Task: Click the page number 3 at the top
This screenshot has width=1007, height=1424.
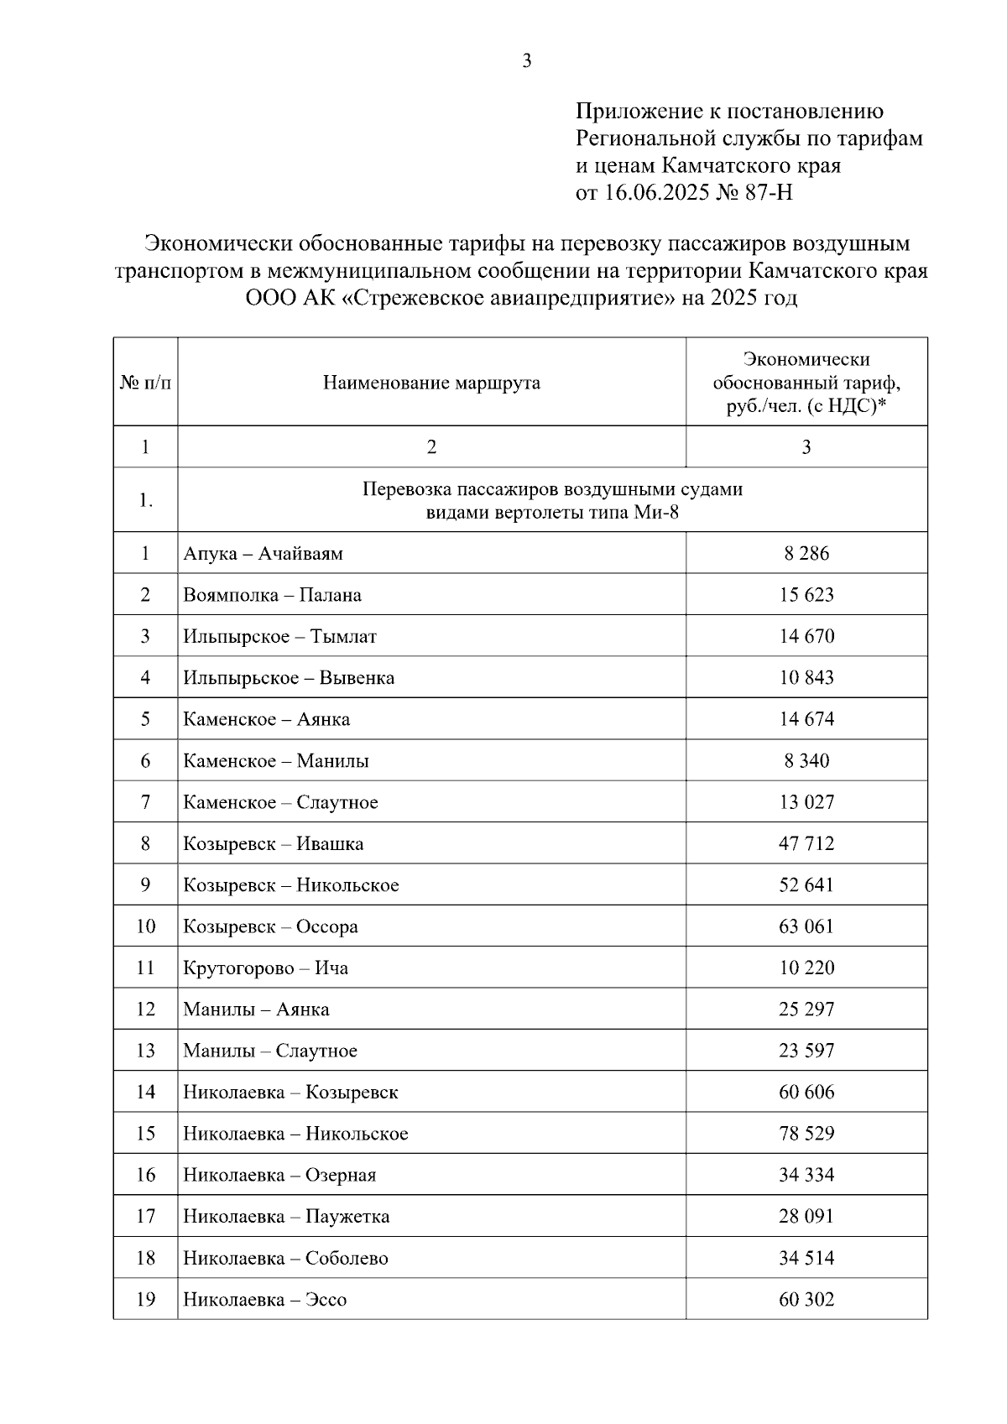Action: pyautogui.click(x=526, y=61)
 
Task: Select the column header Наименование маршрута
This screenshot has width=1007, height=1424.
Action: pyautogui.click(x=431, y=383)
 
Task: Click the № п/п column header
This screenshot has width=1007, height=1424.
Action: pyautogui.click(x=145, y=383)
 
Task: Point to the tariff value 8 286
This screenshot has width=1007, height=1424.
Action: pyautogui.click(x=806, y=554)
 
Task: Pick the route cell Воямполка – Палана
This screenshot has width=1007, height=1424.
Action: pyautogui.click(x=273, y=596)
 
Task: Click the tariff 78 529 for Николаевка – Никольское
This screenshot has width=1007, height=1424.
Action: pyautogui.click(x=806, y=1134)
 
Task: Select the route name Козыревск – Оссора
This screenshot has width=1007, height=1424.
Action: pyautogui.click(x=270, y=926)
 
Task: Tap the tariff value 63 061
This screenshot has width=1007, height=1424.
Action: pyautogui.click(x=806, y=926)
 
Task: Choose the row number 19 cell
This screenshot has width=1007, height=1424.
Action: pyautogui.click(x=145, y=1300)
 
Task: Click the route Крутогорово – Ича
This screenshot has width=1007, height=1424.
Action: pyautogui.click(x=266, y=968)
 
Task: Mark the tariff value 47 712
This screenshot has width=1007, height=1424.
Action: pyautogui.click(x=806, y=843)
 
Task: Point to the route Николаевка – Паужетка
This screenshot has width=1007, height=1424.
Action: pyautogui.click(x=286, y=1217)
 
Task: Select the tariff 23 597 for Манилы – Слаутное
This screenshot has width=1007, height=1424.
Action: pyautogui.click(x=806, y=1051)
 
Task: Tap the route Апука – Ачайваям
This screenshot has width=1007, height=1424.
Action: pyautogui.click(x=263, y=554)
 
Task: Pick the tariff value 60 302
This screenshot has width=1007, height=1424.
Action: pyautogui.click(x=806, y=1300)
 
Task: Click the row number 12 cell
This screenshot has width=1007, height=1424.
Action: pyautogui.click(x=145, y=1009)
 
